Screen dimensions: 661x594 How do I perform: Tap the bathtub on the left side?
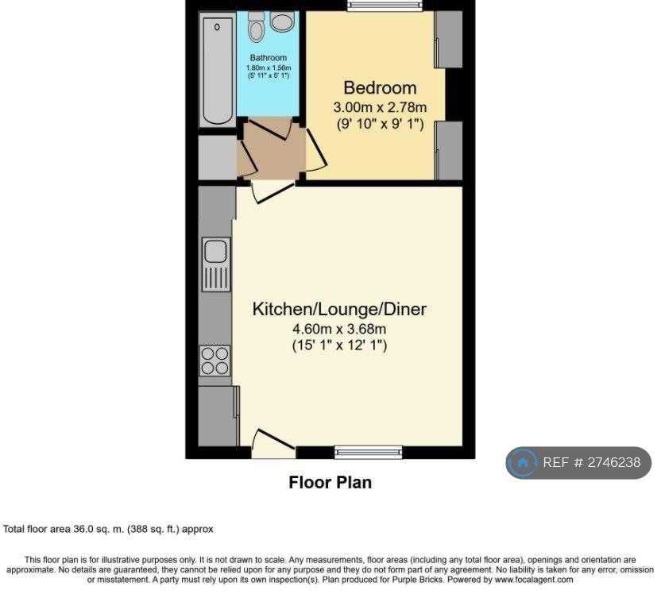pos(217,70)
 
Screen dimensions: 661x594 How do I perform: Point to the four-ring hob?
pos(216,361)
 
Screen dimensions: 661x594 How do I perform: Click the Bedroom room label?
pos(380,87)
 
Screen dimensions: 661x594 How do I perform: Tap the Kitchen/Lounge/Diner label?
pos(339,309)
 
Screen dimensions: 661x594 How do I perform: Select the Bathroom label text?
pos(268,58)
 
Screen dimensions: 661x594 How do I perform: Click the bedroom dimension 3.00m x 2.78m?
pos(380,107)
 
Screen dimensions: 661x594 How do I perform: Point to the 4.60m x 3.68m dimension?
pos(339,329)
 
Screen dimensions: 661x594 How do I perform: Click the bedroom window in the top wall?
pos(385,6)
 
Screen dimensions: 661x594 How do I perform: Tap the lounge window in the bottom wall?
pos(368,453)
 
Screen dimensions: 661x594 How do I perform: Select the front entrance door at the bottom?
pos(273,443)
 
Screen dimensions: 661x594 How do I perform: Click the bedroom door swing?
pos(316,150)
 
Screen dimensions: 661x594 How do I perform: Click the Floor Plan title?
pos(330,483)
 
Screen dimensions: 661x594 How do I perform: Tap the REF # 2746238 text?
pos(591,462)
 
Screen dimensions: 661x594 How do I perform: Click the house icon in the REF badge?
pos(523,462)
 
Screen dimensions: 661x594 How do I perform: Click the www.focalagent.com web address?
pos(534,580)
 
